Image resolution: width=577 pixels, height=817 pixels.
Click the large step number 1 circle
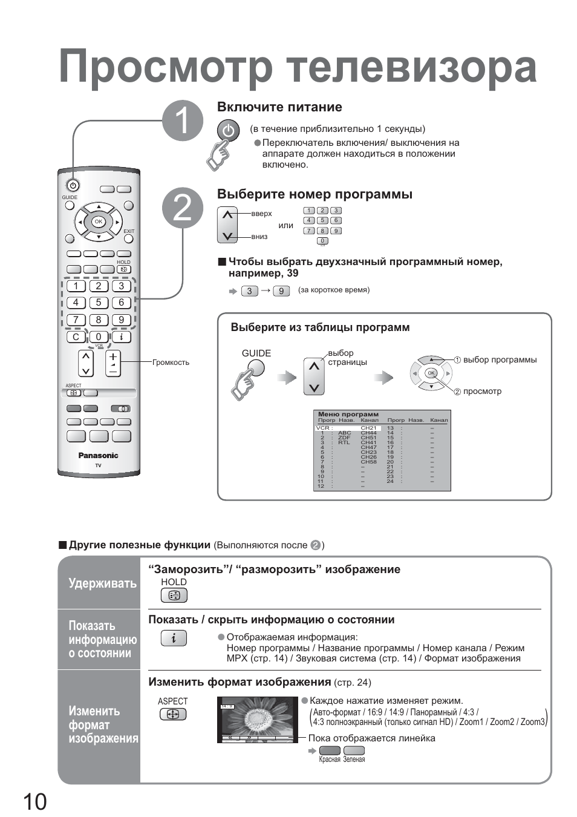click(x=183, y=120)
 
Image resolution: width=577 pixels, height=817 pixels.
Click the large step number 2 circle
click(x=183, y=209)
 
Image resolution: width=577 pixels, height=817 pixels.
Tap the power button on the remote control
click(x=73, y=186)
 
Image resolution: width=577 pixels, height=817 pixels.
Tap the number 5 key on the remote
click(x=99, y=303)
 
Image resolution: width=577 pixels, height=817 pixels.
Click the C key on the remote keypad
click(x=76, y=337)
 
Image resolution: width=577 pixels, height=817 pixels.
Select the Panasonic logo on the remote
click(x=98, y=456)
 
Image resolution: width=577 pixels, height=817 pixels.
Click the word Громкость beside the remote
click(x=171, y=363)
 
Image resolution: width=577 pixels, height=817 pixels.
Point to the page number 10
click(x=35, y=802)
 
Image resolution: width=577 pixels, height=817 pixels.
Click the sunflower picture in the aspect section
click(x=256, y=720)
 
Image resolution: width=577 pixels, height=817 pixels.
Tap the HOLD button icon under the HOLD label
click(x=174, y=596)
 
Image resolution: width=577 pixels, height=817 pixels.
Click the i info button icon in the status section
click(x=174, y=638)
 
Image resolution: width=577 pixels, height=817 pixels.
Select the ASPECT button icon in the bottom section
click(x=173, y=715)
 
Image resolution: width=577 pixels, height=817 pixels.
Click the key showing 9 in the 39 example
click(x=281, y=291)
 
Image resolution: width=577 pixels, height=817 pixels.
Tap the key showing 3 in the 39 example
click(x=250, y=291)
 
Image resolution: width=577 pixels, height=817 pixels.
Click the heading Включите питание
click(x=279, y=107)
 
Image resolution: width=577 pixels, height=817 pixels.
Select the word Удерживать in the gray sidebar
click(x=102, y=583)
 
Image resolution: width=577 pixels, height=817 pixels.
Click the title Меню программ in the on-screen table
click(x=348, y=415)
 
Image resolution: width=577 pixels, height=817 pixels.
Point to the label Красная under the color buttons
click(x=330, y=760)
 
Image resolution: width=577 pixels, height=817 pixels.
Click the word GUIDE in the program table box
click(x=256, y=353)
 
